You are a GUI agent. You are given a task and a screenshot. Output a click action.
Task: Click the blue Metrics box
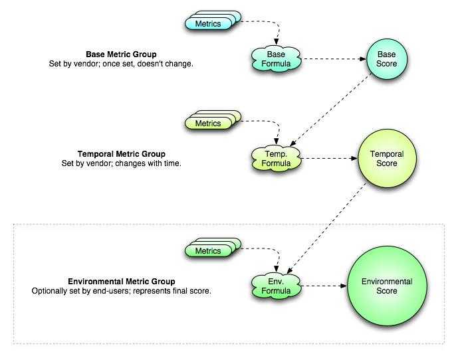[x=208, y=24]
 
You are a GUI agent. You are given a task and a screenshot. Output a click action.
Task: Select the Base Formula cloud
[x=276, y=58]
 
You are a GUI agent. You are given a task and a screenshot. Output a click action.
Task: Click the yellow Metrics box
[x=208, y=124]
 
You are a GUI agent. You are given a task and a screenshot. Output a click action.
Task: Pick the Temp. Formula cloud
[x=276, y=158]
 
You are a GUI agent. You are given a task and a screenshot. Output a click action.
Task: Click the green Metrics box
[x=208, y=251]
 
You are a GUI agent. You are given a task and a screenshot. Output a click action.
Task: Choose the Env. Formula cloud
[x=276, y=286]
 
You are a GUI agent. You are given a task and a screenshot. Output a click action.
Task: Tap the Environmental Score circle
[x=386, y=286]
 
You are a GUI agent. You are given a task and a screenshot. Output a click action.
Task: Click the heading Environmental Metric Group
[x=122, y=282]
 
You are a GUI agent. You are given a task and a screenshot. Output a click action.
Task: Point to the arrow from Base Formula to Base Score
[x=332, y=58]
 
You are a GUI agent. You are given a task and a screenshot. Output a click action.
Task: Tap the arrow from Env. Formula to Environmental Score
[x=324, y=286]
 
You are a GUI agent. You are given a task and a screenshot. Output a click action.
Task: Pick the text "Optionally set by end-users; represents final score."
[x=122, y=291]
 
